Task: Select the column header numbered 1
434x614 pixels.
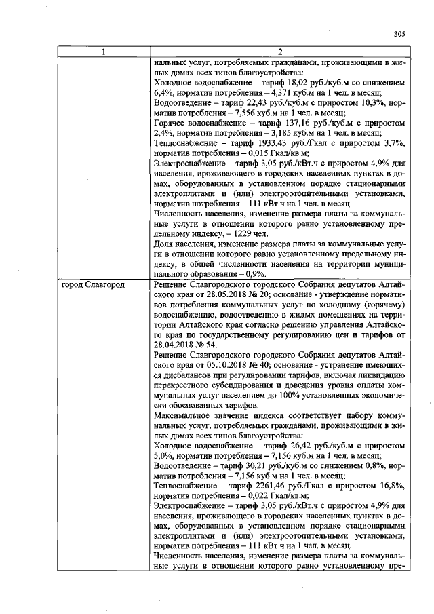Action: [x=104, y=52]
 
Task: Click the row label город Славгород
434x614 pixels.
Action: [x=93, y=285]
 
